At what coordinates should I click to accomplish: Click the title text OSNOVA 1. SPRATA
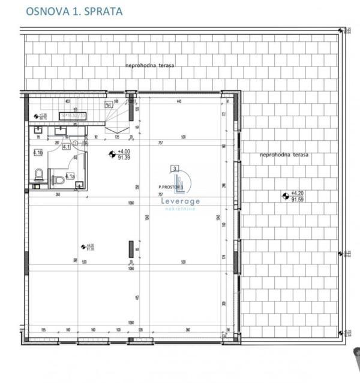[x=74, y=11]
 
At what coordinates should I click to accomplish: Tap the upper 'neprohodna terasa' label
[x=149, y=65]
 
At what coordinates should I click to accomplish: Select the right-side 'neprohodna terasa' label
[x=284, y=155]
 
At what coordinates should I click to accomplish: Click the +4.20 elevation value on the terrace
[x=298, y=193]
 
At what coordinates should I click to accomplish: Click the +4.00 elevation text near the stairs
[x=124, y=152]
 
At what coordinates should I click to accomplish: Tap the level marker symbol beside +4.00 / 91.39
[x=112, y=155]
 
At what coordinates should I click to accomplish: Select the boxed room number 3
[x=174, y=170]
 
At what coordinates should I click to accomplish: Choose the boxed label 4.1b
[x=38, y=153]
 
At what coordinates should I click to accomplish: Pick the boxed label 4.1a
[x=70, y=176]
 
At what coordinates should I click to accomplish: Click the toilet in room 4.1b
[x=38, y=175]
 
